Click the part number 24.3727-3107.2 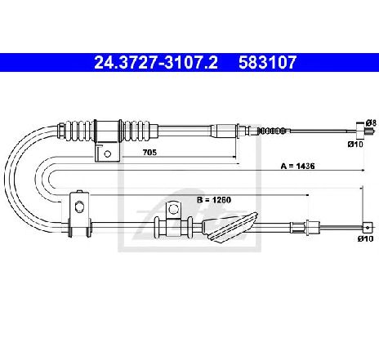[156, 62]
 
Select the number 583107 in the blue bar [267, 62]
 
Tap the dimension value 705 [149, 153]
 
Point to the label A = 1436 [297, 166]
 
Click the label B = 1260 [214, 200]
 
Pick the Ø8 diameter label [371, 122]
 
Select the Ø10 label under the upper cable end [355, 144]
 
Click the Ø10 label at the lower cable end [365, 238]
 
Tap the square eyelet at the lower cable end [368, 228]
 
